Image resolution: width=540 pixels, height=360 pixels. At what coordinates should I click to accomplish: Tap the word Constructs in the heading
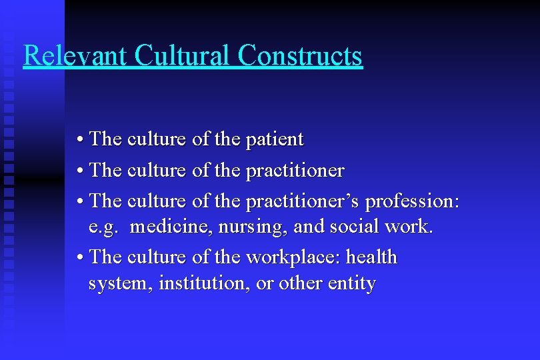[300, 55]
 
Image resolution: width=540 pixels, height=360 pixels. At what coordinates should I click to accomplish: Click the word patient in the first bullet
[275, 140]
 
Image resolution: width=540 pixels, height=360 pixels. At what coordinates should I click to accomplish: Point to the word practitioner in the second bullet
[295, 171]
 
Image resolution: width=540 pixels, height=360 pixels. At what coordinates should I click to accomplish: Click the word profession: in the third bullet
[413, 200]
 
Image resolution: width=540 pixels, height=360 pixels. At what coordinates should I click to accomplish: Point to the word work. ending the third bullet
[409, 227]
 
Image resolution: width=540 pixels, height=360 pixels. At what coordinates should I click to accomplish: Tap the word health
[372, 257]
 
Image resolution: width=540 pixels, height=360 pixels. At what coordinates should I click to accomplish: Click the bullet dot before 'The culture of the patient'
[80, 140]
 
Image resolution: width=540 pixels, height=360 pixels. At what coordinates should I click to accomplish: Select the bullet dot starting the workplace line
[80, 257]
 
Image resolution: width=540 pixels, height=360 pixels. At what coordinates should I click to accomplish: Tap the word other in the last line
[300, 284]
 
